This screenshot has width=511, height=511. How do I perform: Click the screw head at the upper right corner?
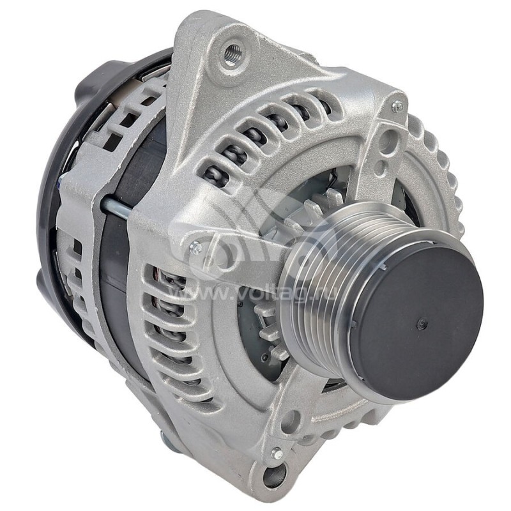point(397,107)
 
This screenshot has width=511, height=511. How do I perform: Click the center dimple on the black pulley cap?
point(422,324)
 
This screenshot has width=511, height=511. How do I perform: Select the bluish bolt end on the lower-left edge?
point(165,439)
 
